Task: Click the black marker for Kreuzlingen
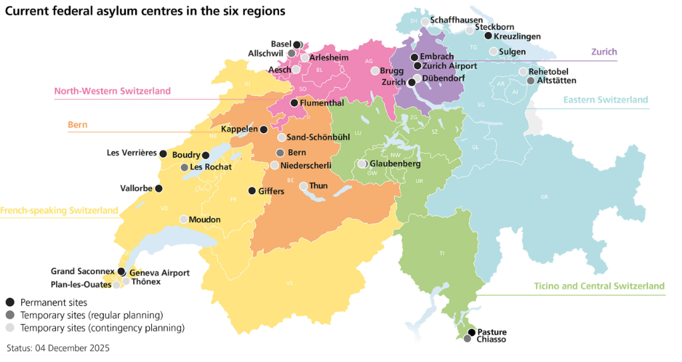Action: pos(488,36)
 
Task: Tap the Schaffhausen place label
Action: pos(456,21)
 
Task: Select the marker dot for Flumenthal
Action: pos(294,103)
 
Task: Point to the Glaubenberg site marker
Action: pos(362,164)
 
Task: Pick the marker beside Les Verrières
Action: pos(163,153)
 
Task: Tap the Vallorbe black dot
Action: pos(159,188)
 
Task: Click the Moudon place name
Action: pos(204,220)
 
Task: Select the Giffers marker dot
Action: pos(251,191)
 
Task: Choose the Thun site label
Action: pos(318,186)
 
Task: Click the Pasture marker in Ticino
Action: pos(472,332)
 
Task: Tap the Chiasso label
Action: pos(492,339)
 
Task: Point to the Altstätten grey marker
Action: pos(530,81)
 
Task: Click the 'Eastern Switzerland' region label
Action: pos(605,100)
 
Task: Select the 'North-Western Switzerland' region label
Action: pos(112,91)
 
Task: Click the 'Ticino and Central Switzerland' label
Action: pos(599,286)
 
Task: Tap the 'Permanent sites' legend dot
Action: pos(9,302)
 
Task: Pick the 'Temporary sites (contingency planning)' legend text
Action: pos(102,327)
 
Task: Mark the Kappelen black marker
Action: pos(264,130)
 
